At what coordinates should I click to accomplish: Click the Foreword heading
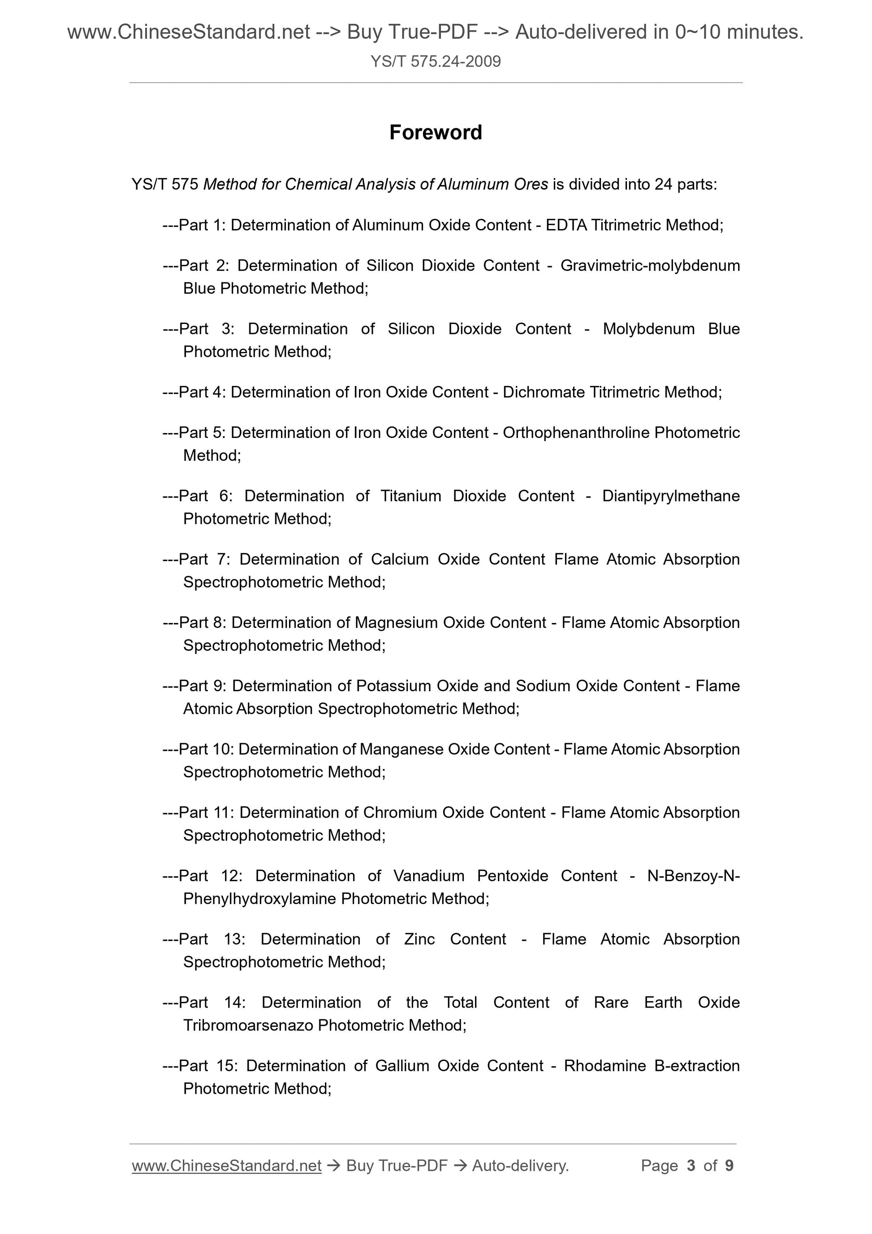(x=436, y=133)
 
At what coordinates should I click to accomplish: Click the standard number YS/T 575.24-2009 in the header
(x=436, y=62)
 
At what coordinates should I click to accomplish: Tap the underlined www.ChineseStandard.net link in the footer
(x=226, y=1165)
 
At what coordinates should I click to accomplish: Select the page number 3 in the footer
(x=691, y=1165)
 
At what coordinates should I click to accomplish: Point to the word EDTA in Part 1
(x=566, y=225)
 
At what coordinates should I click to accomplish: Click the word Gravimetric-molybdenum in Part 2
(x=650, y=265)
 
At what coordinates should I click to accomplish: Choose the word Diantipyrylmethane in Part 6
(x=670, y=496)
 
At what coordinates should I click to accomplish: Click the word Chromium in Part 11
(x=400, y=813)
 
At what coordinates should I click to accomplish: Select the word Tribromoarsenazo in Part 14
(x=248, y=1026)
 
